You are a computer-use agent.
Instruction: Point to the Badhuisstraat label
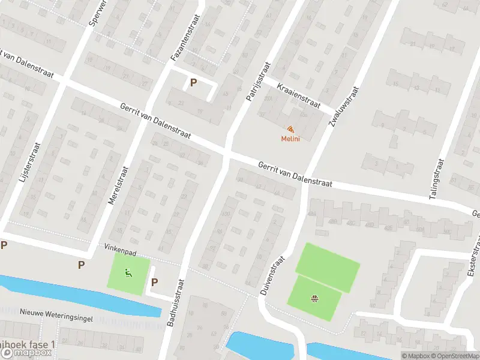pyautogui.click(x=175, y=305)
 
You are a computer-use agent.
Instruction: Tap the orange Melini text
pyautogui.click(x=290, y=139)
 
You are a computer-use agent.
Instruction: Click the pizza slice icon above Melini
pyautogui.click(x=290, y=129)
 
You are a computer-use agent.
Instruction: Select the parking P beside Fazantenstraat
pyautogui.click(x=193, y=83)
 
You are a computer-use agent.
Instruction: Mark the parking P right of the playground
pyautogui.click(x=154, y=283)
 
